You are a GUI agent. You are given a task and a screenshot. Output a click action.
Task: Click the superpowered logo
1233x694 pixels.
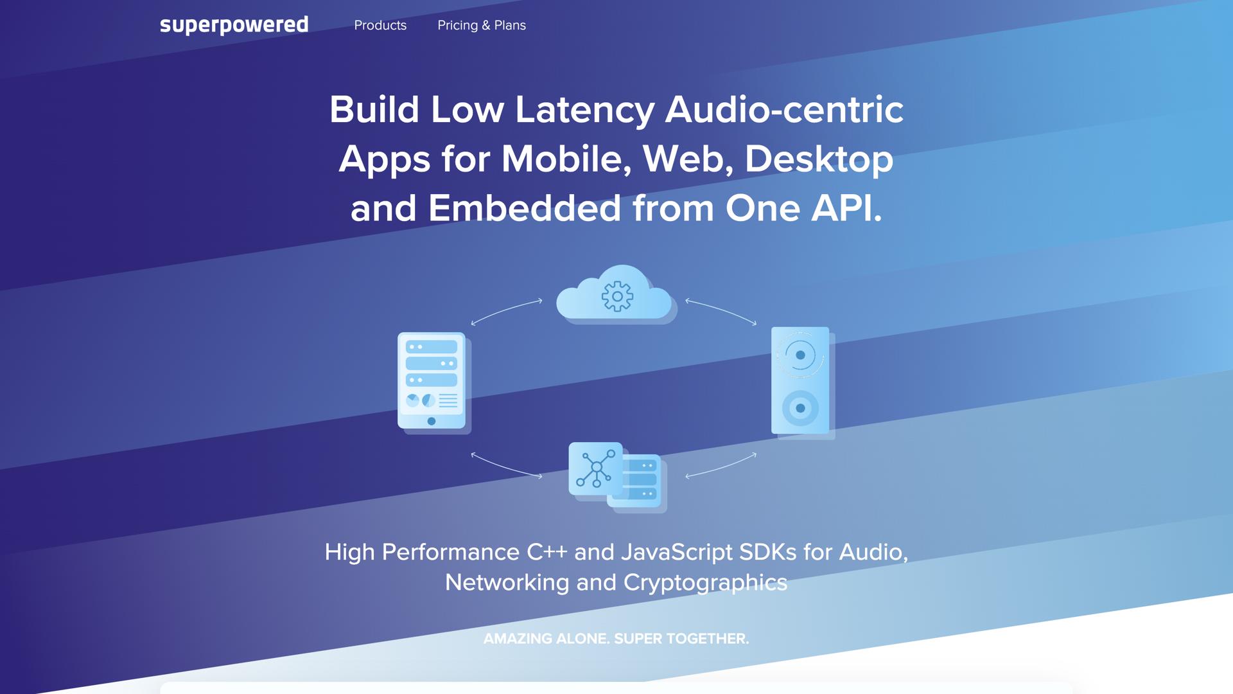pos(234,25)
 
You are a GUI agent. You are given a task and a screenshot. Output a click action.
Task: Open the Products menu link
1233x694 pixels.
pos(380,25)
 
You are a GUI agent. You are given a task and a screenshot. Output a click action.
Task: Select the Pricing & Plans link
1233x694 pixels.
pos(482,25)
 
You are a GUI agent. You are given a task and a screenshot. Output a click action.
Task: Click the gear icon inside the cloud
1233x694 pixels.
pos(617,296)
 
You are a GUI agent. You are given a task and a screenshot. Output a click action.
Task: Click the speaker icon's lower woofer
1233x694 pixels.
pos(800,408)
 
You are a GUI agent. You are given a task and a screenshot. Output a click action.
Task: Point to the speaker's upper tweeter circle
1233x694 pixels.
pos(800,355)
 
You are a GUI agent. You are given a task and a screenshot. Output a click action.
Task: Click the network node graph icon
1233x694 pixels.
pos(596,468)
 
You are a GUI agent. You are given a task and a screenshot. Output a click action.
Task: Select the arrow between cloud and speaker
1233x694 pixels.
pos(721,310)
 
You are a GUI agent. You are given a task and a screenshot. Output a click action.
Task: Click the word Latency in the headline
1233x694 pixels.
pos(584,110)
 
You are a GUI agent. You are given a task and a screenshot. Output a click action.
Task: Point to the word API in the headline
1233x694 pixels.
pos(846,208)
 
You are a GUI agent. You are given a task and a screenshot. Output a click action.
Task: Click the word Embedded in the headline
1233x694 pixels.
pos(525,208)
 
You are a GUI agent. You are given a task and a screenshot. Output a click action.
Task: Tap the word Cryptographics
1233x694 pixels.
pos(705,583)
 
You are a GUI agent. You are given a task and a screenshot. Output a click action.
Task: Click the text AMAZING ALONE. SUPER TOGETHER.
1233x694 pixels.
pos(616,639)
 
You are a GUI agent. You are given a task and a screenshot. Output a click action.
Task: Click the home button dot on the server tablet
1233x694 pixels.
pos(432,422)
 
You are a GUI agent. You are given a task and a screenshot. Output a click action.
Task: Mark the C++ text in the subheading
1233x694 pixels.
pos(547,552)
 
